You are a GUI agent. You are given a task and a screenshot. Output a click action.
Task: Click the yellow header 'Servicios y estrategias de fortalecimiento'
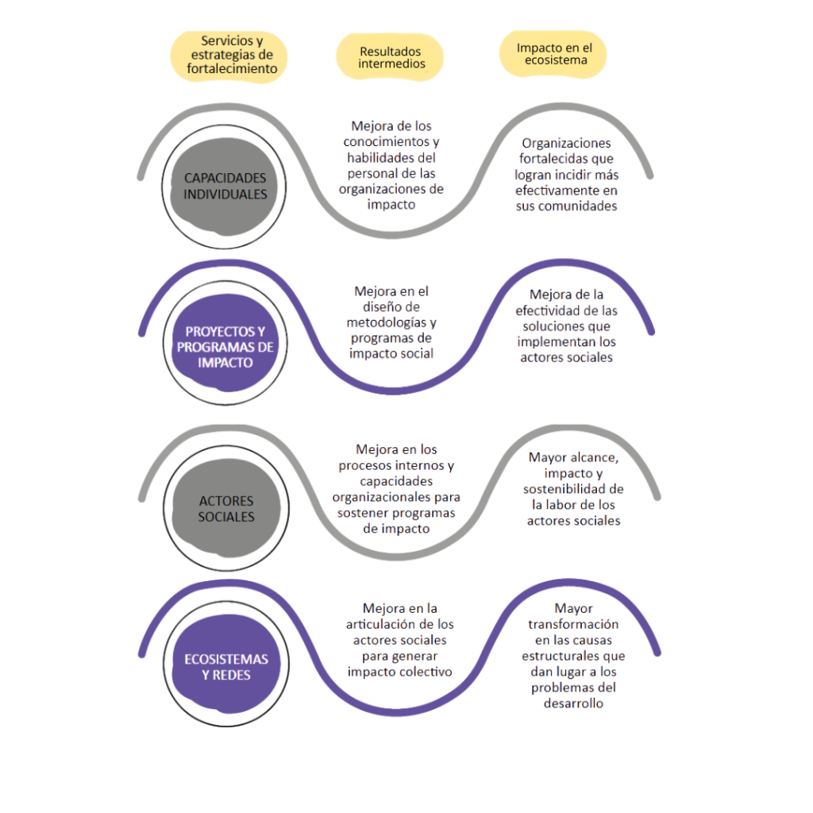coord(232,54)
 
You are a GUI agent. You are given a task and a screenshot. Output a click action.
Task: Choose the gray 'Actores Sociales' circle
coord(226,509)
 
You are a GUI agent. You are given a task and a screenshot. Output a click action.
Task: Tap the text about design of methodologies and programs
coord(392,322)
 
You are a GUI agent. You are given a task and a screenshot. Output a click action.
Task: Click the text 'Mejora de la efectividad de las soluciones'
coord(567,326)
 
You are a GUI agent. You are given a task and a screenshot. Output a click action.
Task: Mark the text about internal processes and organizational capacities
coord(396,488)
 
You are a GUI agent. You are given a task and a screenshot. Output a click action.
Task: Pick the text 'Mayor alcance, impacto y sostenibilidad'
coord(572,489)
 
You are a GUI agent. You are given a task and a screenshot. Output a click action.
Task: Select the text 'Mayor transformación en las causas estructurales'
coord(573,656)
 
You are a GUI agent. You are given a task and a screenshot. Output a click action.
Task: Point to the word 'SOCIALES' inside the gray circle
coord(227,517)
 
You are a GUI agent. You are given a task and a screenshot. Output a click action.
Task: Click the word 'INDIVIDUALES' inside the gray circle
coord(225,194)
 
